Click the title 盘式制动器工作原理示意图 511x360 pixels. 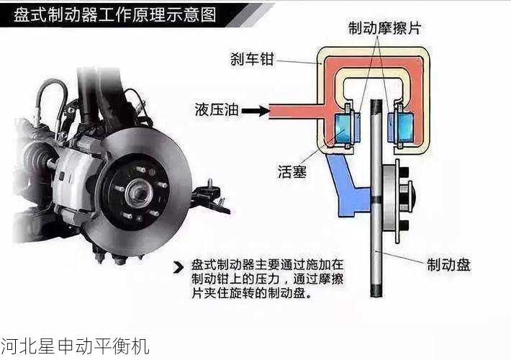115,14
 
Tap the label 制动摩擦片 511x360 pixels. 384,28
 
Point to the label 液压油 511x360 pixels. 215,110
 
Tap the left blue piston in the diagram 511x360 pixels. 338,127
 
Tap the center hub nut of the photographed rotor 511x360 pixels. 137,192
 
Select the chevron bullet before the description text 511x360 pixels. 178,269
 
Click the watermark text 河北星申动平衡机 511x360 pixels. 75,346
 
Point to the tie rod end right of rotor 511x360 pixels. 209,196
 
